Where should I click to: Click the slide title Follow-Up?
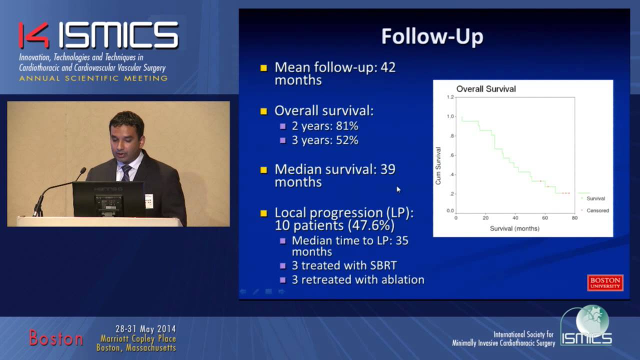[432, 37]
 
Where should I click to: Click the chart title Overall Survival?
[485, 89]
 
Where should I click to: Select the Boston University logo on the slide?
[605, 282]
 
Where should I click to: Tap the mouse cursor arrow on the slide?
[398, 189]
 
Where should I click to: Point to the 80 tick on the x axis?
[574, 218]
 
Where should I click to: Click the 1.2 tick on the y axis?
[450, 97]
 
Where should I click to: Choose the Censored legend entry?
[597, 210]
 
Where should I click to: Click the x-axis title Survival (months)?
[514, 228]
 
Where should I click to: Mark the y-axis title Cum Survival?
[438, 165]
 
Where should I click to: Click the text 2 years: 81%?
[325, 126]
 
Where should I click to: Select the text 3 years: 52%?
[325, 140]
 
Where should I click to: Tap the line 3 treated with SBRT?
[344, 265]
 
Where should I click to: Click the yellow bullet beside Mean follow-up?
[264, 68]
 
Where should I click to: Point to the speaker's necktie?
[126, 173]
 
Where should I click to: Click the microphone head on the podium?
[82, 171]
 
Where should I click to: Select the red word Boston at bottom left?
[55, 338]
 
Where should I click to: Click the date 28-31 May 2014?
[145, 329]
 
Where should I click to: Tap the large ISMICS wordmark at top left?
[118, 35]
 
